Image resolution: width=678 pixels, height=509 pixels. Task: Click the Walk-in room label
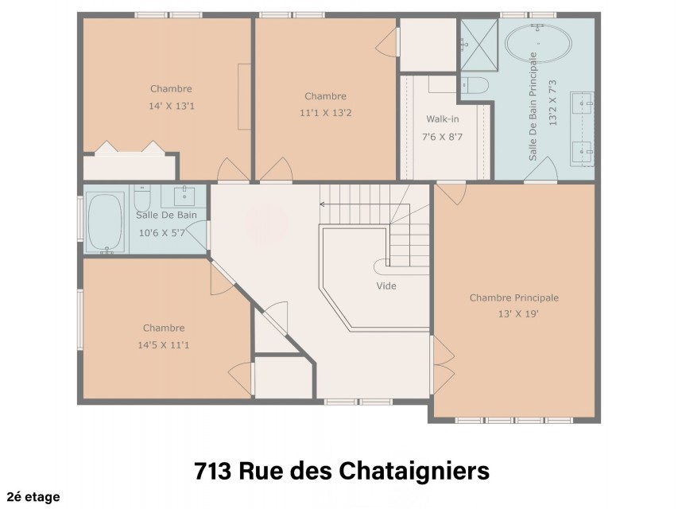443,119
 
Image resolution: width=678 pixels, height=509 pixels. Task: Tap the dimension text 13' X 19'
518,314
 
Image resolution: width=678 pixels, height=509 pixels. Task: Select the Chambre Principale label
514,297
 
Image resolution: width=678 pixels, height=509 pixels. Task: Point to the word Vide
386,286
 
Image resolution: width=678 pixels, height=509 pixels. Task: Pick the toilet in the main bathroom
475,85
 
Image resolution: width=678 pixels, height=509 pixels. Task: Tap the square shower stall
478,45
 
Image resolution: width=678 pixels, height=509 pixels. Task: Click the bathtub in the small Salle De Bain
106,223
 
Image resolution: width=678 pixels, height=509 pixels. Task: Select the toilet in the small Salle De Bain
141,197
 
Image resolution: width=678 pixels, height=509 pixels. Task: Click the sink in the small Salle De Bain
184,196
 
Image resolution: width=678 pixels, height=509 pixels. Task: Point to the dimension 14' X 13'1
172,106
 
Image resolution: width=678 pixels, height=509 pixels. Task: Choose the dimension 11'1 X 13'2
326,113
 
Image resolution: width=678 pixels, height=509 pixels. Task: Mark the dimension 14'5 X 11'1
164,345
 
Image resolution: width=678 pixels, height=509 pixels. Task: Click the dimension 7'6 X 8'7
443,138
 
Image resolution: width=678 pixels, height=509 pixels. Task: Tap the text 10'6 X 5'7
161,233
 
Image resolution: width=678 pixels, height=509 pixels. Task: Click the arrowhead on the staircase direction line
322,204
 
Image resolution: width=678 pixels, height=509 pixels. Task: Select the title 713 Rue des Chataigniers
342,471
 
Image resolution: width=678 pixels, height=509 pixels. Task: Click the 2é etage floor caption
33,497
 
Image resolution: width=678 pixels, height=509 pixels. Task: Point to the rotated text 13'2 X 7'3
552,103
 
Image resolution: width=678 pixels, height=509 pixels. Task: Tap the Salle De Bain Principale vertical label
533,107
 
